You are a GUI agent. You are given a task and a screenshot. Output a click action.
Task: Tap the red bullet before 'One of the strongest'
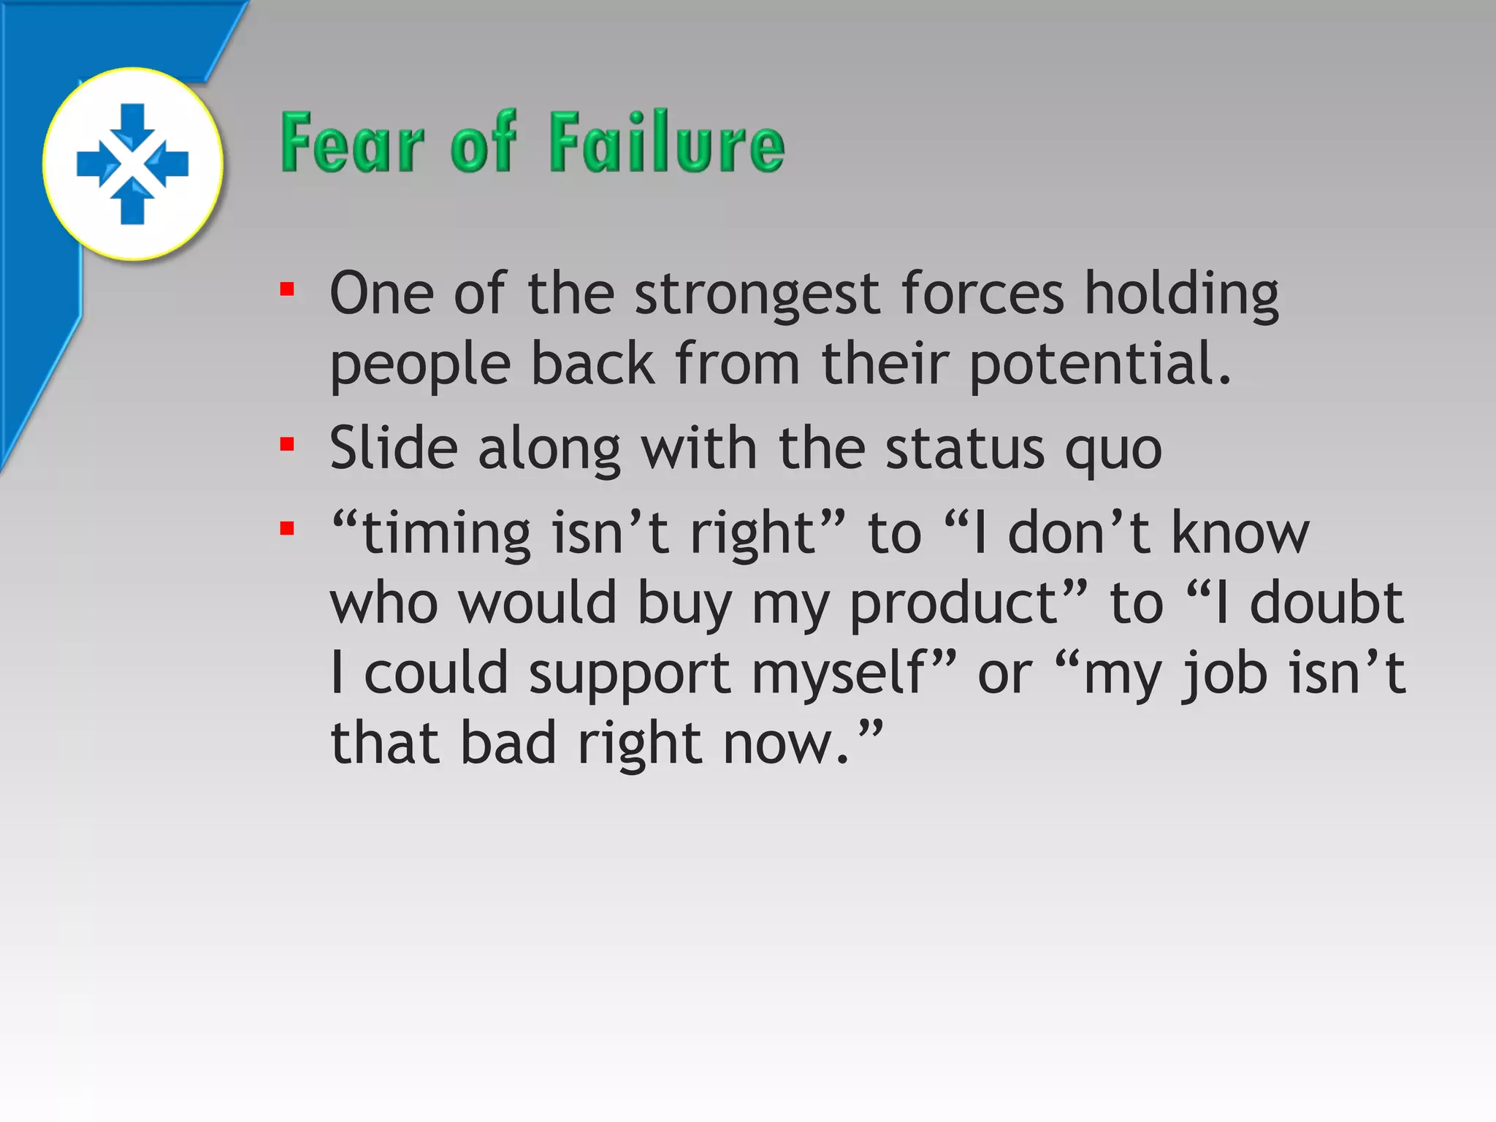pos(287,290)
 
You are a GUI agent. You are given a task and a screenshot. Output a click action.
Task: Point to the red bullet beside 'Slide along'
pos(287,444)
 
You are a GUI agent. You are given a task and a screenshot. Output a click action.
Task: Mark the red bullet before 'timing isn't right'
pos(287,528)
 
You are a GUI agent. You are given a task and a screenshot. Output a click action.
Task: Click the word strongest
pos(757,294)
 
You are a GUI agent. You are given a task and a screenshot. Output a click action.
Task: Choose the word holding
pos(1181,294)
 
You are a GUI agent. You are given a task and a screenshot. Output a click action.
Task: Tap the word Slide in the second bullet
pos(394,448)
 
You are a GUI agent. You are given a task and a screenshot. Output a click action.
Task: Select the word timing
pos(446,533)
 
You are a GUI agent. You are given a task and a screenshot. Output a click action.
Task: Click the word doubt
pos(1327,603)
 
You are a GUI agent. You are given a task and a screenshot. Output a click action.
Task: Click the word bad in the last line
pos(508,743)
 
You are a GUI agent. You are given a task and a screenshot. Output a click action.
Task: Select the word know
pos(1240,533)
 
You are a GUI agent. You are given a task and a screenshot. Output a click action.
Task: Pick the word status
pos(965,448)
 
